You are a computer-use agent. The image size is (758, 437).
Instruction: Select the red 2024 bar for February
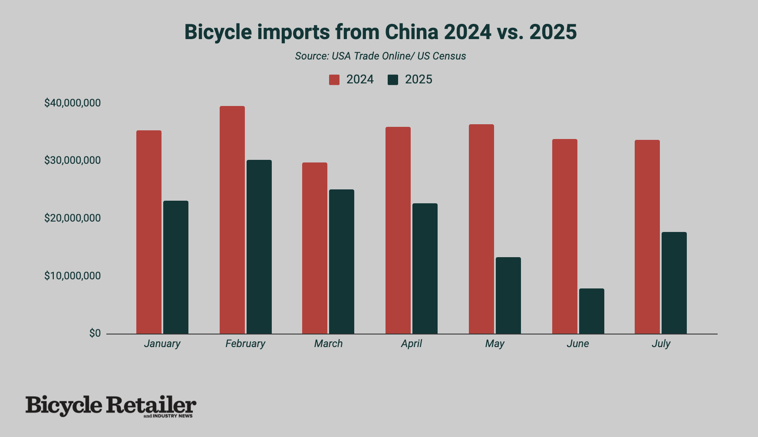click(x=232, y=220)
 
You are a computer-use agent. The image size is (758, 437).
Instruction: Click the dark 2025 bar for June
click(x=591, y=311)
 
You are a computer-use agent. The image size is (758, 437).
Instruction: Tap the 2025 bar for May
click(x=508, y=295)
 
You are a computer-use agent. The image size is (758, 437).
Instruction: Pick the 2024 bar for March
click(x=314, y=248)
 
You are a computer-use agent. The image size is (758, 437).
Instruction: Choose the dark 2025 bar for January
click(x=175, y=267)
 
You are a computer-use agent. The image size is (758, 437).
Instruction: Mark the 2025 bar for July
click(x=674, y=283)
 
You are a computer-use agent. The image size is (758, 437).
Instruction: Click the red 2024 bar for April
click(x=398, y=230)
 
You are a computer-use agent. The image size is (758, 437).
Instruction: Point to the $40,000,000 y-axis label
click(x=72, y=103)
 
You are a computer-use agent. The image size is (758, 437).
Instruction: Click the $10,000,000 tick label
click(x=72, y=276)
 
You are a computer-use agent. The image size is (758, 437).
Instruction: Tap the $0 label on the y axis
click(x=95, y=333)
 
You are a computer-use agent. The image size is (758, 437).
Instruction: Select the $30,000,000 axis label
click(x=72, y=160)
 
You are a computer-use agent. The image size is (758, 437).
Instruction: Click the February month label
click(x=245, y=344)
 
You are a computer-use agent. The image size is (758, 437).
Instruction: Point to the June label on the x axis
click(x=577, y=344)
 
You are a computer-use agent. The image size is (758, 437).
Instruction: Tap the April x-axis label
click(x=411, y=344)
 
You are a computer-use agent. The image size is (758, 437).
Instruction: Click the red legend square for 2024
click(x=334, y=79)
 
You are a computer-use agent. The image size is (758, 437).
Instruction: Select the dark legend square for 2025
click(x=393, y=79)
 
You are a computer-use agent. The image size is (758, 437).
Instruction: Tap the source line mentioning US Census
click(x=380, y=56)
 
